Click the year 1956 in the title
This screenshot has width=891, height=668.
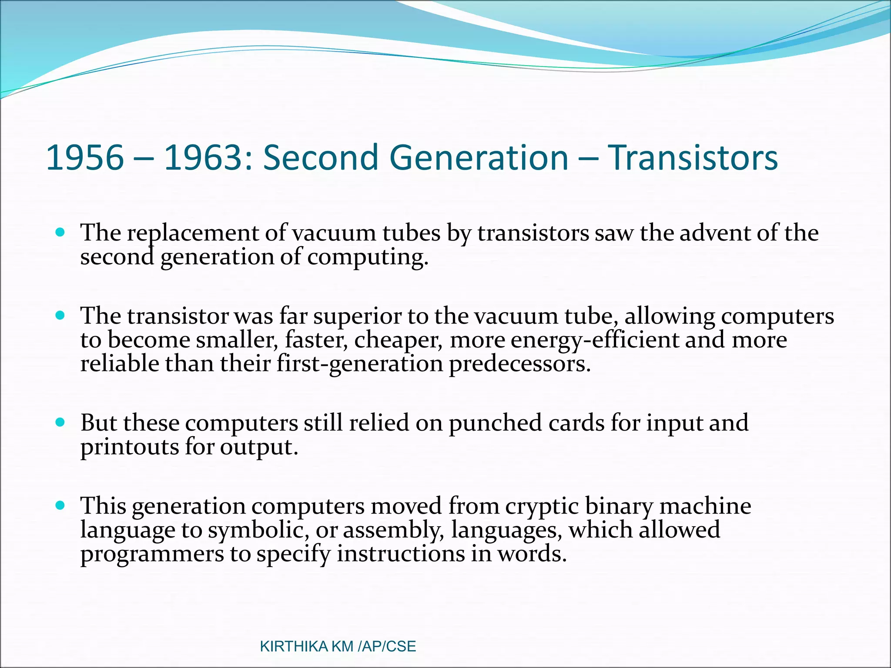[x=85, y=157]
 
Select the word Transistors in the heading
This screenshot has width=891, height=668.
[x=692, y=157]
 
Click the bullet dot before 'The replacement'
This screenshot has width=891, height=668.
[x=60, y=232]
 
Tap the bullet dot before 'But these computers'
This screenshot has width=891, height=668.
[x=60, y=422]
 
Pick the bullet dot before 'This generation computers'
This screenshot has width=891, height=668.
[x=60, y=505]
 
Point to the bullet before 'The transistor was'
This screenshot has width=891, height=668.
[x=60, y=315]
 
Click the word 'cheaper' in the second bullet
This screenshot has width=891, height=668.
[x=398, y=341]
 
